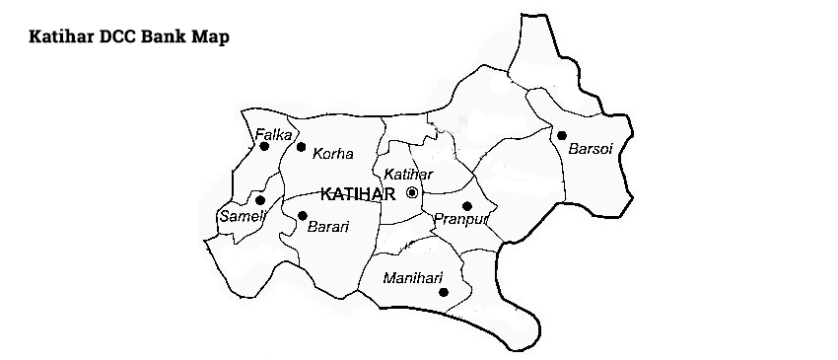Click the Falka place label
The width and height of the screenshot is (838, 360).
[x=273, y=134]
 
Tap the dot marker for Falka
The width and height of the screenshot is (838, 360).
[x=264, y=147]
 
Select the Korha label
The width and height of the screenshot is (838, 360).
[x=332, y=154]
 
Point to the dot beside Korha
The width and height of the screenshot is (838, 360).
[x=301, y=147]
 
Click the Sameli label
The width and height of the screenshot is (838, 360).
[x=237, y=215]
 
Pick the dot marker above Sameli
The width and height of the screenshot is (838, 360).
[x=260, y=200]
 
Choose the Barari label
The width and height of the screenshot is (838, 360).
[x=329, y=227]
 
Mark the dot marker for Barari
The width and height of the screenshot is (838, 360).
[x=302, y=215]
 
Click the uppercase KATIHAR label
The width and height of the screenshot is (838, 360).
[x=358, y=193]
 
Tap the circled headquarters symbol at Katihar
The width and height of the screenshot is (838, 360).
[x=412, y=192]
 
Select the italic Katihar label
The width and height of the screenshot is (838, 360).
[x=408, y=175]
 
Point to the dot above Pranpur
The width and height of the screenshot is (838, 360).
[x=467, y=206]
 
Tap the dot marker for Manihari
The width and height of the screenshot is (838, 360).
[x=444, y=292]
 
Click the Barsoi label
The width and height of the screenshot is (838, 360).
[x=590, y=151]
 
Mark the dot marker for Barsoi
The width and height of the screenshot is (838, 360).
[x=561, y=136]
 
